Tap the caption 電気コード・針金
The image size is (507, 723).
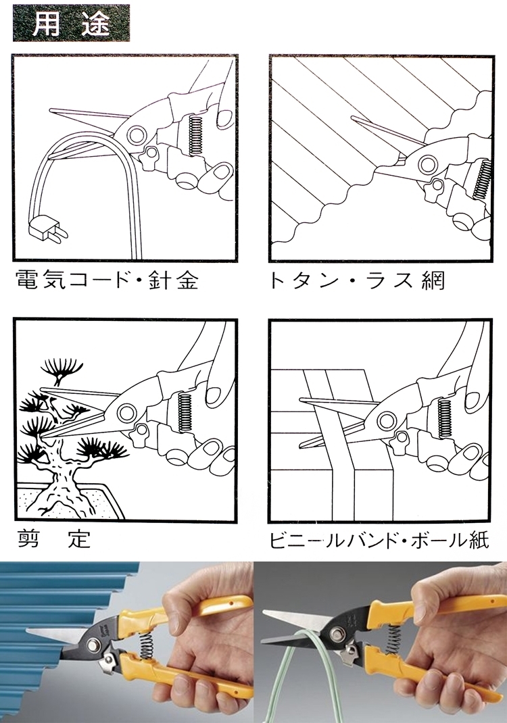click(x=107, y=279)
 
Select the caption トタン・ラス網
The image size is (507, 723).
click(x=357, y=280)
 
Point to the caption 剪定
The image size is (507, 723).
click(x=54, y=538)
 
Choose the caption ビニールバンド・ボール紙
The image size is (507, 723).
click(x=379, y=539)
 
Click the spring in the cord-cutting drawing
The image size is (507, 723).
click(x=195, y=134)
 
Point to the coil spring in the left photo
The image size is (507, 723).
click(x=147, y=647)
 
